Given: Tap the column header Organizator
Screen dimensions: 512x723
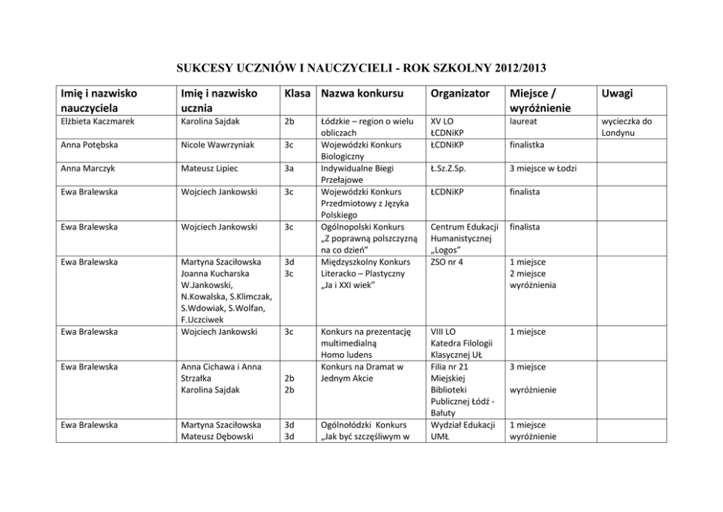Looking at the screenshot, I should click(458, 94).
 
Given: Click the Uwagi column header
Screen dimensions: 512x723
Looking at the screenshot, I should click(617, 94).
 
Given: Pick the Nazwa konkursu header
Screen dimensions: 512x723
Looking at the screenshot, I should click(361, 94).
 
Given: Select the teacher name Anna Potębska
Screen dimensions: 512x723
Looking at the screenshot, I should click(86, 144).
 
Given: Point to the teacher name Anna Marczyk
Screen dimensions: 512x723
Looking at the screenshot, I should click(84, 168).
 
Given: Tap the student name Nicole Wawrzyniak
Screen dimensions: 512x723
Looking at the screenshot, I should click(218, 144).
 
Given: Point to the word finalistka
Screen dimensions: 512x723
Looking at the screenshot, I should click(528, 144).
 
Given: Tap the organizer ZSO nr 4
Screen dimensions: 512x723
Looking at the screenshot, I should click(447, 262).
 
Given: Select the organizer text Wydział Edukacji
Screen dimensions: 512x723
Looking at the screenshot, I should click(463, 424).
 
